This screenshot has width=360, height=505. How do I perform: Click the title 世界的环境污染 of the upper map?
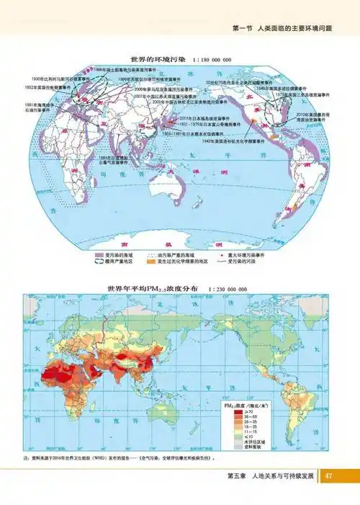tap(158, 58)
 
